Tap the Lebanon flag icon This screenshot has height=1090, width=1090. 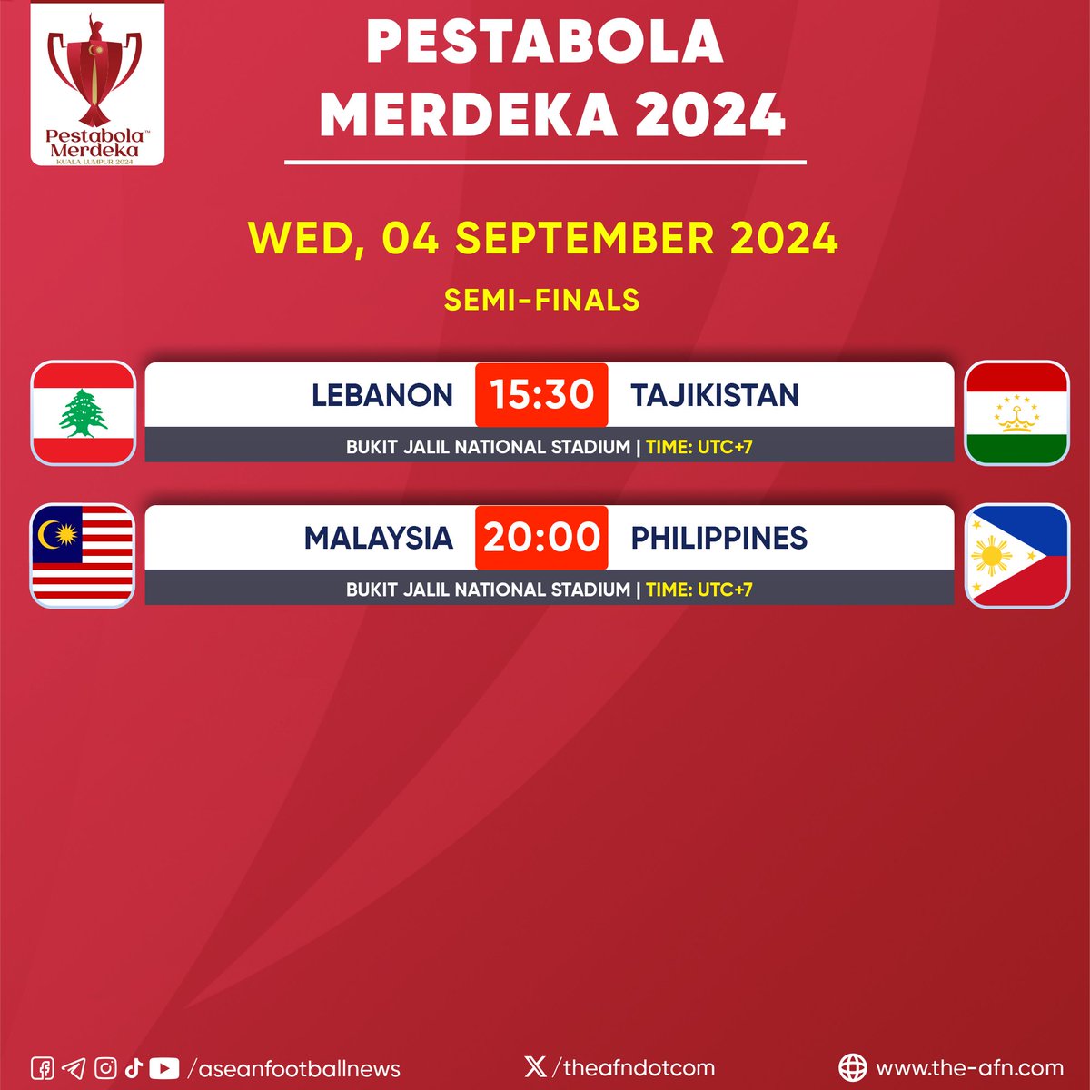84,412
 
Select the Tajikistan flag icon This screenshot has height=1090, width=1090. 1016,412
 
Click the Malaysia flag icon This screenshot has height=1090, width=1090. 84,555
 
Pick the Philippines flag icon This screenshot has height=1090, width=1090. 1016,555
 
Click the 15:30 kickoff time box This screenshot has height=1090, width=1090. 541,394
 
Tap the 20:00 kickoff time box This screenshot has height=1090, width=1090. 541,537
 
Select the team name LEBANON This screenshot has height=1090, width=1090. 381,395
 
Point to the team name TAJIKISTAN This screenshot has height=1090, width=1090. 715,395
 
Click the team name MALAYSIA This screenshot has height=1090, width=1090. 378,538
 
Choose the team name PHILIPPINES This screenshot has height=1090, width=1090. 718,538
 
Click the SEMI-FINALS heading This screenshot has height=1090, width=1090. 541,300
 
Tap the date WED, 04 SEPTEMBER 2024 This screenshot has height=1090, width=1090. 543,238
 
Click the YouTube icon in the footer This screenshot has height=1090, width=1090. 164,1068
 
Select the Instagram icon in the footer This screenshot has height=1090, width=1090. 105,1068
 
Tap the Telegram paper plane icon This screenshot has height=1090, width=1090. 74,1068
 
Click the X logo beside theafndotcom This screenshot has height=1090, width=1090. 536,1066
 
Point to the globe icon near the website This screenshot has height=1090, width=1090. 852,1067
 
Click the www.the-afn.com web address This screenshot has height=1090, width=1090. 969,1068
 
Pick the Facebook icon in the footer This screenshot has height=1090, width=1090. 43,1068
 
